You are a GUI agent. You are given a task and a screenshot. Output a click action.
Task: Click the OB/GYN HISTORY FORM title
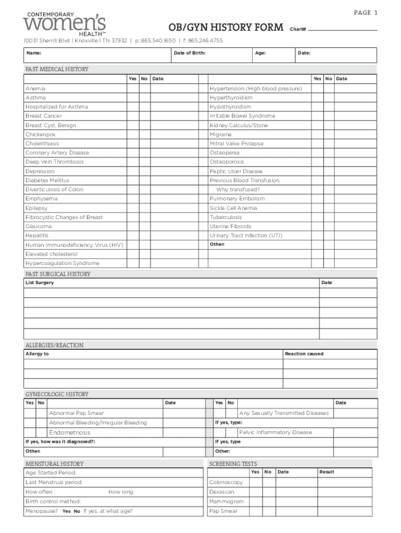tap(225, 28)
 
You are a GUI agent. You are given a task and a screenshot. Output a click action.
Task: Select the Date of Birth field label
tap(189, 53)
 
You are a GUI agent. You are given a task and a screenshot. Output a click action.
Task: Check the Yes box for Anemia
tap(132, 88)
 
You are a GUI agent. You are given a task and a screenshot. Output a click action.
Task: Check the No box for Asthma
tap(144, 98)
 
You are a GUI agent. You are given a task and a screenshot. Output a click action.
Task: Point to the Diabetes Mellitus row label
tap(47, 181)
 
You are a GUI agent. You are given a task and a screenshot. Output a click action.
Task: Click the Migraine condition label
tap(221, 134)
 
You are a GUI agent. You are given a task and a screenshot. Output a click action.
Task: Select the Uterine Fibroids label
tap(230, 226)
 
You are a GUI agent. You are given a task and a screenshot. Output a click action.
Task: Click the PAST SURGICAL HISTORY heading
tap(58, 274)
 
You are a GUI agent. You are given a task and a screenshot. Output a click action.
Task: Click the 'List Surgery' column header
tap(40, 283)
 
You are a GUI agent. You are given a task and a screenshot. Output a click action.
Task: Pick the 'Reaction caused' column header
tap(304, 354)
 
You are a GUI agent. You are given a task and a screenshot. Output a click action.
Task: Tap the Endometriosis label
tap(69, 433)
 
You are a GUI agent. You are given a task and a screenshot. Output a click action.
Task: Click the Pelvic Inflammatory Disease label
tap(275, 433)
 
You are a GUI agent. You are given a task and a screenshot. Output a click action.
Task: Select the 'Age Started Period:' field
tap(51, 473)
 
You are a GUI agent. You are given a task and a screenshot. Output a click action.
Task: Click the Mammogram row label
tap(227, 502)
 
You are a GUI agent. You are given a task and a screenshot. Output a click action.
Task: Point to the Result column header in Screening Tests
tap(327, 472)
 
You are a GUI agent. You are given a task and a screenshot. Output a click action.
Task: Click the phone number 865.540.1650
tap(156, 41)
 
